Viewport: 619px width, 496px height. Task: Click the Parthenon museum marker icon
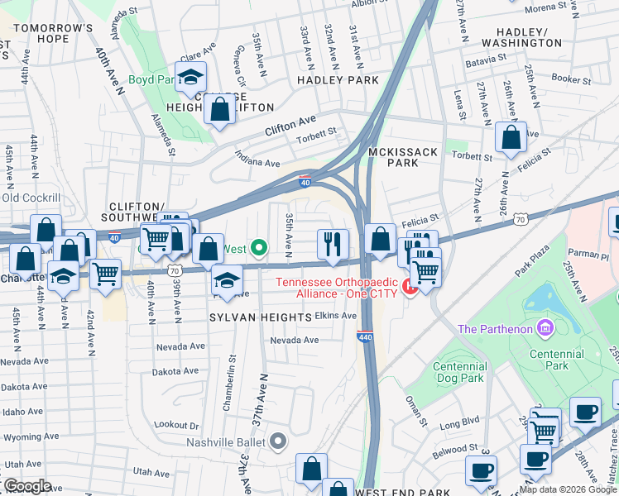545,329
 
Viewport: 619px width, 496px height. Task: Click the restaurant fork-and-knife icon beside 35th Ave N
333,244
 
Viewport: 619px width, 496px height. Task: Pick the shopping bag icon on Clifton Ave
220,110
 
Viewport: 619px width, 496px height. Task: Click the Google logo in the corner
26,485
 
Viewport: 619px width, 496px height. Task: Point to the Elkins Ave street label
335,316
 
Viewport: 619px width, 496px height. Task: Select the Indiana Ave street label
257,158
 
